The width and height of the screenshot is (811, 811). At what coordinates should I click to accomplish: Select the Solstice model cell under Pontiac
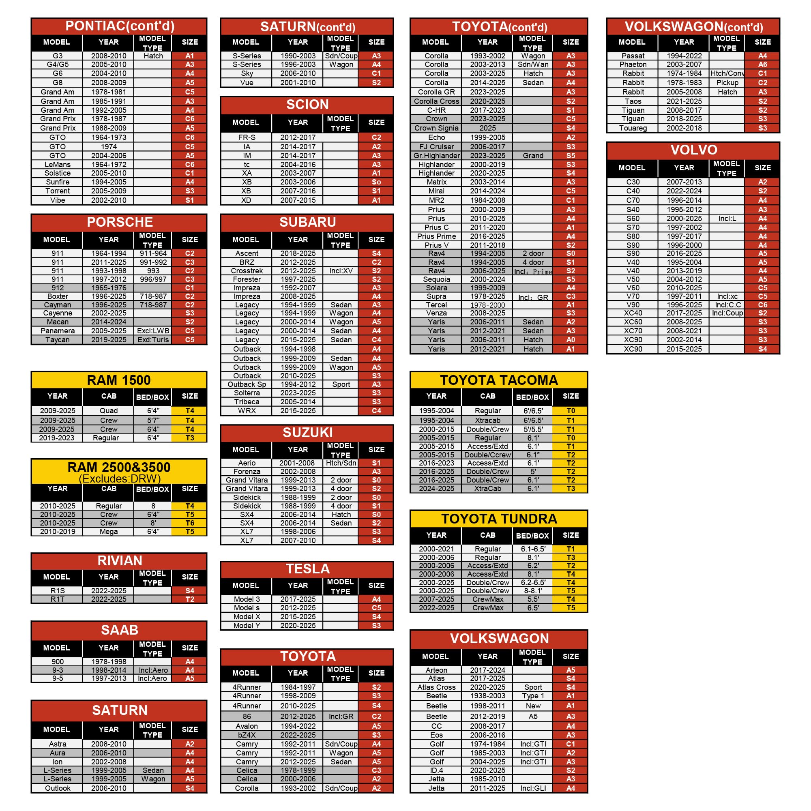coord(58,173)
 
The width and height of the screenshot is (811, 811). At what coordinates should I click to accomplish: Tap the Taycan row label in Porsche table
coord(58,339)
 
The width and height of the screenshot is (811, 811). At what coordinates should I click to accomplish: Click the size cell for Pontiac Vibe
coord(189,200)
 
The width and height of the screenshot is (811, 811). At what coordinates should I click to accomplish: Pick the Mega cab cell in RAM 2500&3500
coord(108,532)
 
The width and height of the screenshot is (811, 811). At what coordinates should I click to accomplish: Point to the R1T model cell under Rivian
coord(58,599)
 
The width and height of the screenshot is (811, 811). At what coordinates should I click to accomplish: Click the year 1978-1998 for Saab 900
coord(108,661)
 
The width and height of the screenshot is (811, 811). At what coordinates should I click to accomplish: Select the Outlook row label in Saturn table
coord(58,788)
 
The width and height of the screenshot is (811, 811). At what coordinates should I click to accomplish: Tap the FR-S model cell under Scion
coord(247,137)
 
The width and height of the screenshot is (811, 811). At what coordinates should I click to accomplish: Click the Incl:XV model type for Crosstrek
coord(341,271)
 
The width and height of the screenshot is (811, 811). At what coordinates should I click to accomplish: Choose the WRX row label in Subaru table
coord(247,410)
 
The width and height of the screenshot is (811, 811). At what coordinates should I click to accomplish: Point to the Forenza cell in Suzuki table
coord(247,472)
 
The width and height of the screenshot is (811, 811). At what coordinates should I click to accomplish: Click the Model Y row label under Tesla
coord(247,625)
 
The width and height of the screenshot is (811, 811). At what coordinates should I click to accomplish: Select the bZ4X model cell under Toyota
coord(247,735)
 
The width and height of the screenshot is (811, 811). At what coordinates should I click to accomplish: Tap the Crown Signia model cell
coord(436,128)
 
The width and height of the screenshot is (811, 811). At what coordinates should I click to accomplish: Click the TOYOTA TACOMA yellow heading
coord(499,380)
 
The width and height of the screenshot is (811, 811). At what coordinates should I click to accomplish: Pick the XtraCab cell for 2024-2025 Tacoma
coord(487,489)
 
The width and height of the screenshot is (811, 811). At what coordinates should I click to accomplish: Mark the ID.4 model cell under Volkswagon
coord(436,770)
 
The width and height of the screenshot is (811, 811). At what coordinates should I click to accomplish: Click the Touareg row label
coord(633,128)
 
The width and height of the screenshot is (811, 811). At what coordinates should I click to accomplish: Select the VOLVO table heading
coord(693,150)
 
